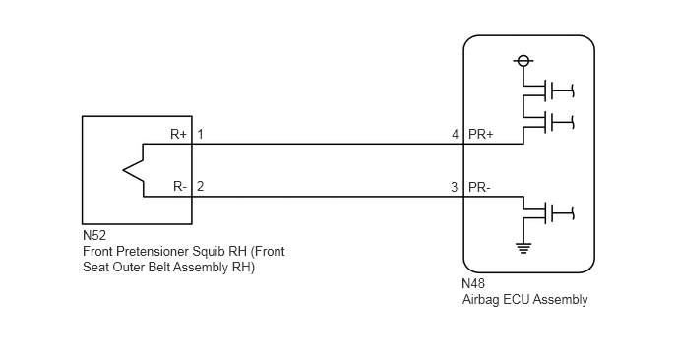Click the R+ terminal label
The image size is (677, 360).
click(x=178, y=134)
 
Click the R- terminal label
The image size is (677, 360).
click(x=180, y=187)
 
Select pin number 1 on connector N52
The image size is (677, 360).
click(x=200, y=134)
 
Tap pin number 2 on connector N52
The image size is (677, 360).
click(x=200, y=187)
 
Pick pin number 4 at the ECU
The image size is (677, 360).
click(x=455, y=135)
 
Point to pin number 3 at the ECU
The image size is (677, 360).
click(x=455, y=187)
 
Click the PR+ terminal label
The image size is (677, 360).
click(x=480, y=135)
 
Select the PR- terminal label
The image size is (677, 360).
click(x=479, y=188)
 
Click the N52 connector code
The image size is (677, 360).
click(x=94, y=236)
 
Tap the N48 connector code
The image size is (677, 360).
click(x=473, y=283)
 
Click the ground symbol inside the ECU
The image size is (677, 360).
click(x=523, y=248)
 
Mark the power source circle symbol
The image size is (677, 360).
click(x=523, y=61)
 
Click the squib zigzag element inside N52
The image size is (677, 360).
click(x=133, y=170)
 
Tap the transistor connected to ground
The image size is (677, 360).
click(x=548, y=213)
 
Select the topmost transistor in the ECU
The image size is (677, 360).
click(x=548, y=90)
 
